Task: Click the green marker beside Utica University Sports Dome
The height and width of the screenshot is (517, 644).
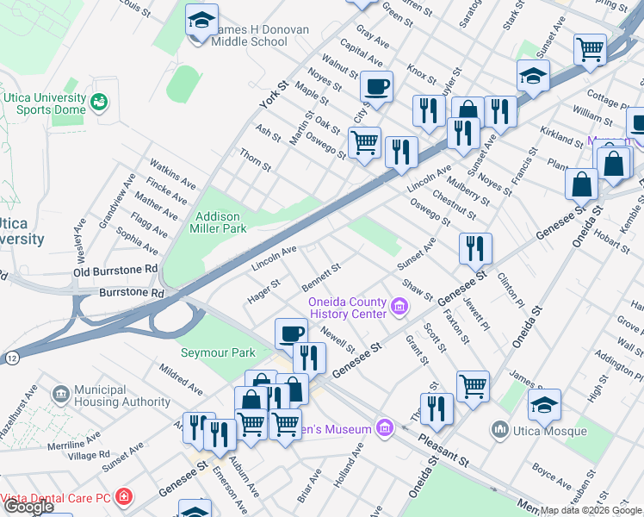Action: point(99,103)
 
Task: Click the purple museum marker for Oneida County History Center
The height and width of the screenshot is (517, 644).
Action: point(399,306)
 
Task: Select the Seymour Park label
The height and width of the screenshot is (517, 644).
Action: point(218,352)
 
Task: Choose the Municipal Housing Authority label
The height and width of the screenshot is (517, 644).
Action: point(122,396)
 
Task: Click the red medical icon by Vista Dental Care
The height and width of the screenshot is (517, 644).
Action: point(125,497)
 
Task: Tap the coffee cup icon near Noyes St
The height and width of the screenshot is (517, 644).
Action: point(375,86)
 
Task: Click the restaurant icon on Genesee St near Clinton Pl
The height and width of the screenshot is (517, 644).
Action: point(475,248)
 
